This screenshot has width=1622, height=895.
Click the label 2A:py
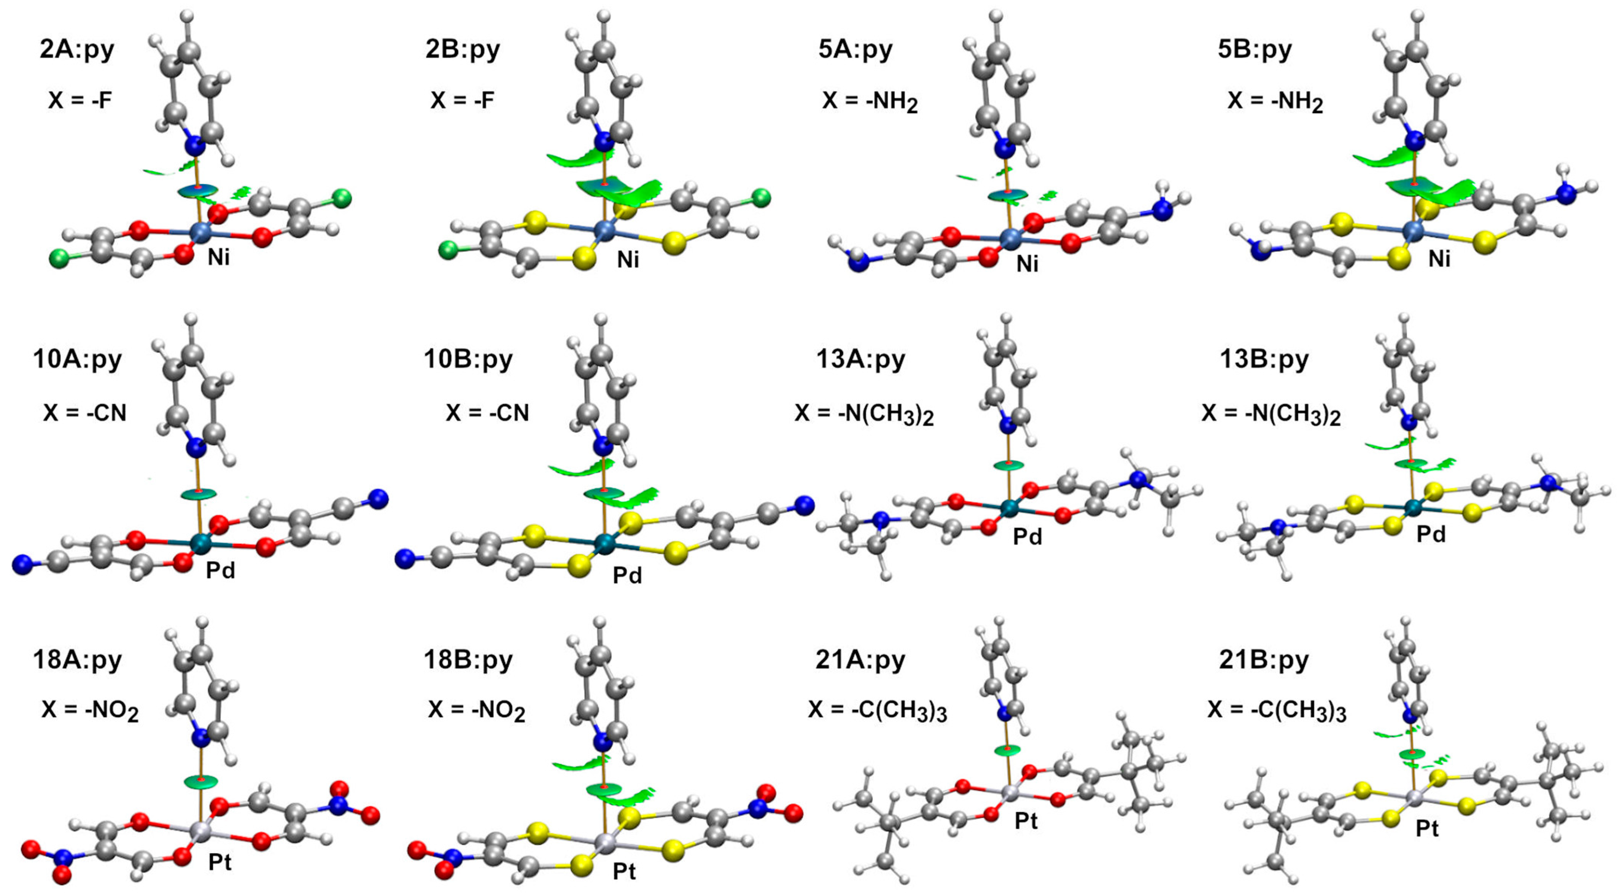click(x=77, y=49)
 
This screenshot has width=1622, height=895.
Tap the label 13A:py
click(x=860, y=359)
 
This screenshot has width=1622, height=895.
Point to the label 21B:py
click(x=1264, y=660)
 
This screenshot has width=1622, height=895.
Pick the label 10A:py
click(x=77, y=359)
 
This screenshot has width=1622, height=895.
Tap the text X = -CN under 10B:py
click(x=487, y=413)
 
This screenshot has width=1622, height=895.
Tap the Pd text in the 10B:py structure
click(x=627, y=575)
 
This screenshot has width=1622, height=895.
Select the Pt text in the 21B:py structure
click(x=1427, y=828)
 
